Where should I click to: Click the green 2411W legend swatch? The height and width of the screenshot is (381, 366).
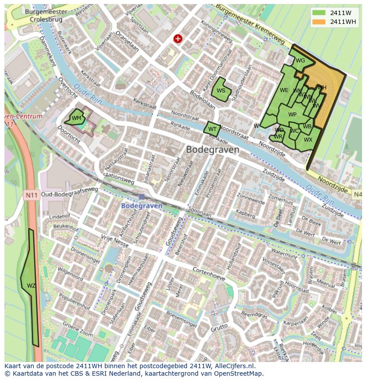(318, 13)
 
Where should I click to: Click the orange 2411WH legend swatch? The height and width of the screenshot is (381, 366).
(318, 22)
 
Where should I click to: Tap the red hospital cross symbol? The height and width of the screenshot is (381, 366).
(178, 39)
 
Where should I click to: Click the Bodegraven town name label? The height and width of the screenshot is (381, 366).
(213, 150)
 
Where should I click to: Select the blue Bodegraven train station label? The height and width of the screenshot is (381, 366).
(142, 206)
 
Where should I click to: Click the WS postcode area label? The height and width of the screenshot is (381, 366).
(221, 91)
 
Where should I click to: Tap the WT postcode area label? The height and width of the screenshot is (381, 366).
(213, 130)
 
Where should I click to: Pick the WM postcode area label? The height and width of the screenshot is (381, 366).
(76, 118)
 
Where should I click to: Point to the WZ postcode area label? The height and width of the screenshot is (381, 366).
(31, 286)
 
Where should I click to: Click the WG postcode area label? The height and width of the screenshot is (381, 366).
(300, 61)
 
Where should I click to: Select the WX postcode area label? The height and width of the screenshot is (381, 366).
(308, 140)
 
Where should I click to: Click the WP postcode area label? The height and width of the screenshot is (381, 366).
(292, 115)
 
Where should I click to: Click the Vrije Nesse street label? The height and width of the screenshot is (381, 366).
(114, 241)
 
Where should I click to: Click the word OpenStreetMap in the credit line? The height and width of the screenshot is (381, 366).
(239, 373)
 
